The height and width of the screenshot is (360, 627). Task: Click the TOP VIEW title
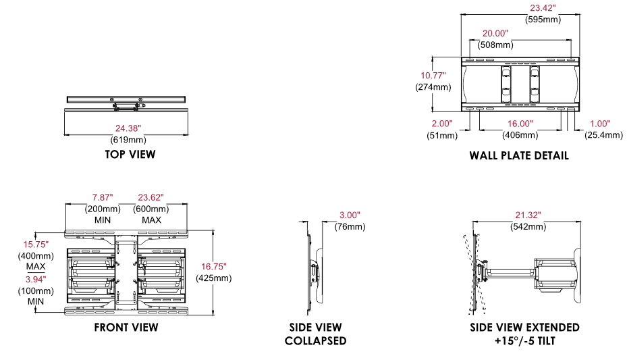(130, 154)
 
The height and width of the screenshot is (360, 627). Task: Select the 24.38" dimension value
(128, 128)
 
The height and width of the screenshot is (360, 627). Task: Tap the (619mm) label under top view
(128, 140)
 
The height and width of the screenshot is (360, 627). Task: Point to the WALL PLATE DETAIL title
(519, 155)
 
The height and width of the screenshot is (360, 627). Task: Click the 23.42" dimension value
(541, 8)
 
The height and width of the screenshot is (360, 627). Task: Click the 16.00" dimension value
(520, 124)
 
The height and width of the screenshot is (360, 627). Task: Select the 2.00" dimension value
(441, 124)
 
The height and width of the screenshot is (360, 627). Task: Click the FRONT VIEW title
(127, 328)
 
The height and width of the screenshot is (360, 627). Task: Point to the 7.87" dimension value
(103, 197)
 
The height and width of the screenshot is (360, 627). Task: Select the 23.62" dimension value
(151, 197)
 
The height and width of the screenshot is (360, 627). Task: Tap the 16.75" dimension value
(213, 266)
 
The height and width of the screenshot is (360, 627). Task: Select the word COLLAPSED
(315, 340)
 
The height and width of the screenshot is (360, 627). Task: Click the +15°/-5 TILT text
(524, 340)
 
